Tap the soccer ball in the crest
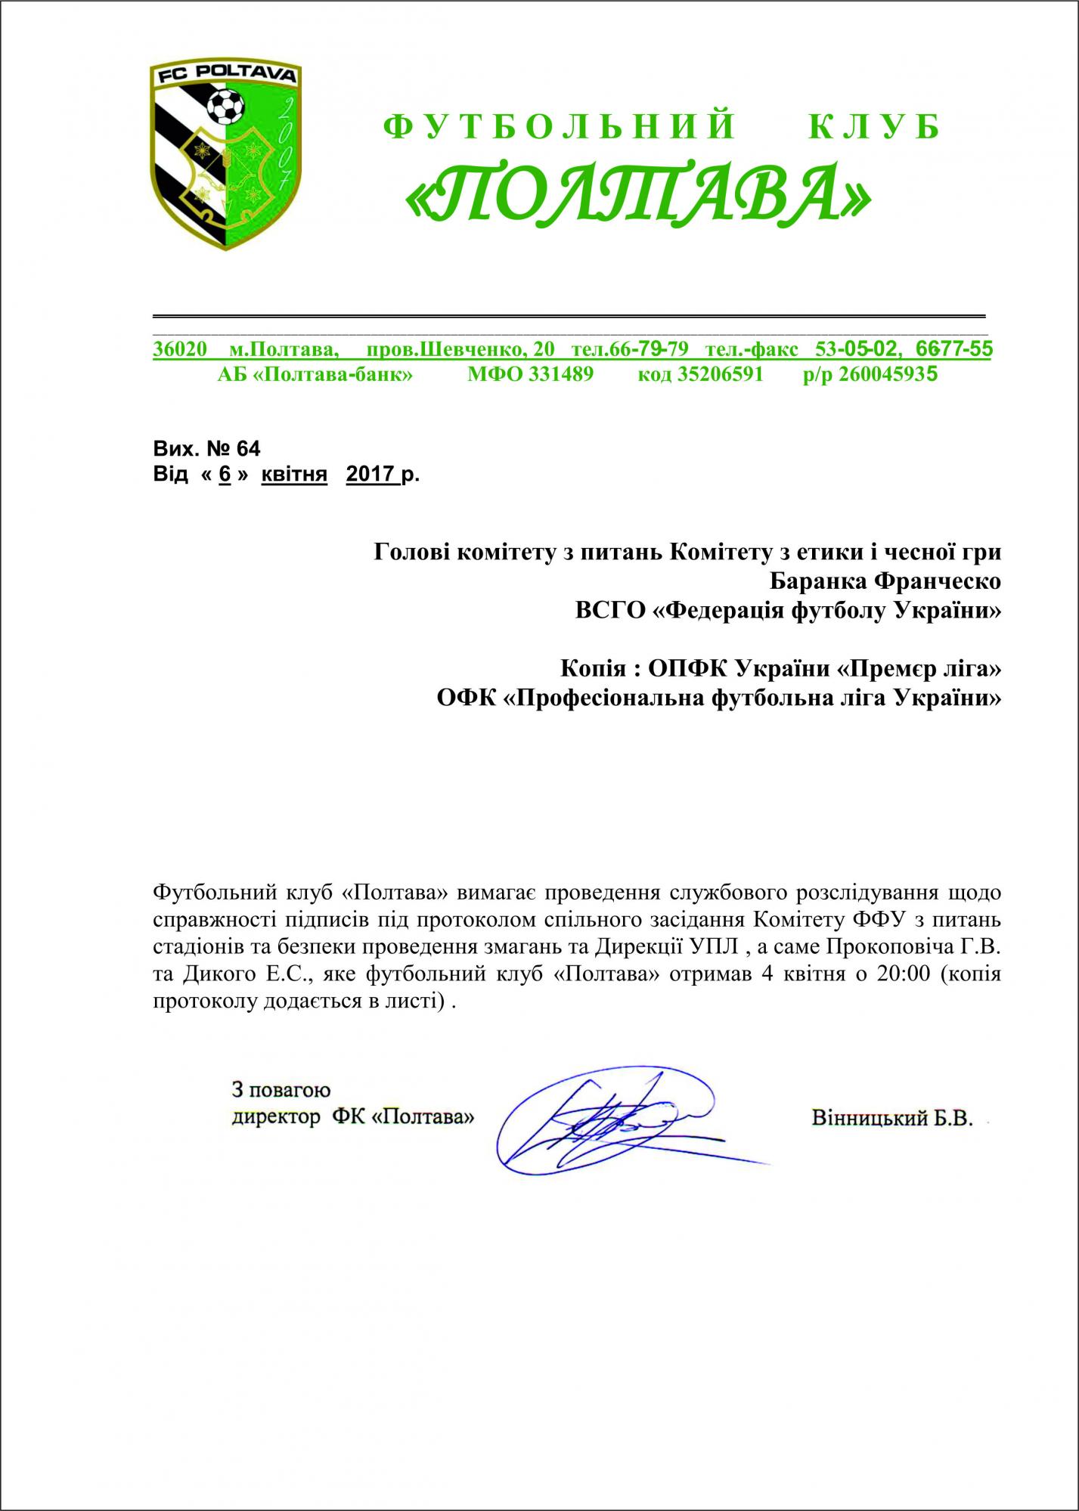tap(225, 107)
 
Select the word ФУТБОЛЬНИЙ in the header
tap(560, 127)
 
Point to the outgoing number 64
tap(248, 449)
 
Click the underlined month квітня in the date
tap(294, 475)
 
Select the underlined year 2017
tap(371, 475)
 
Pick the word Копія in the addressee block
tap(592, 669)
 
